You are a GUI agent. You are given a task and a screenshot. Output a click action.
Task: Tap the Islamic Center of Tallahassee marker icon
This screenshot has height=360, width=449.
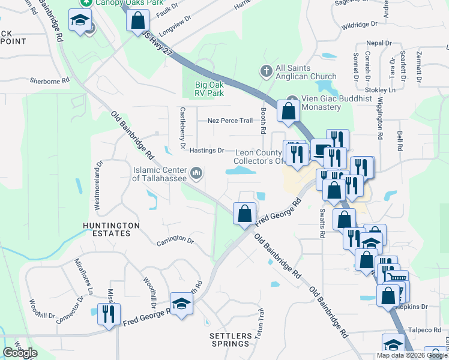[196, 174]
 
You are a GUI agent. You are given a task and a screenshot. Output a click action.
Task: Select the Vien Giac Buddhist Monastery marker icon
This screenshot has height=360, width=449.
[292, 100]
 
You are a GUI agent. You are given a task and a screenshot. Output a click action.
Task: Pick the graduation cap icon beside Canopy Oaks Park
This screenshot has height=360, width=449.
[79, 21]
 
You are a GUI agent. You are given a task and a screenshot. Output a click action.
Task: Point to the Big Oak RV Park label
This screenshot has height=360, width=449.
[209, 89]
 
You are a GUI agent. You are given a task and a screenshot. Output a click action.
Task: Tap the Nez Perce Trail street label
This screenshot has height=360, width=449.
[230, 121]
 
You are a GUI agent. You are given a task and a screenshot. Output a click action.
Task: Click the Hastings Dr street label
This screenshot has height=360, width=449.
[207, 151]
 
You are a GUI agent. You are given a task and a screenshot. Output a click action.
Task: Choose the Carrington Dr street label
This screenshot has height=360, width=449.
[175, 241]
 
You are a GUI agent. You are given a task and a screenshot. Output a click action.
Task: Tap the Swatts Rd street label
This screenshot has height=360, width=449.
[322, 220]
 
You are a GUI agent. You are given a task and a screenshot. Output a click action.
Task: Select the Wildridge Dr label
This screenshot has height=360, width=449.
[359, 25]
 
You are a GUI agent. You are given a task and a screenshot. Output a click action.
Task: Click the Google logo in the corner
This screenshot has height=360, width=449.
[20, 352]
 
